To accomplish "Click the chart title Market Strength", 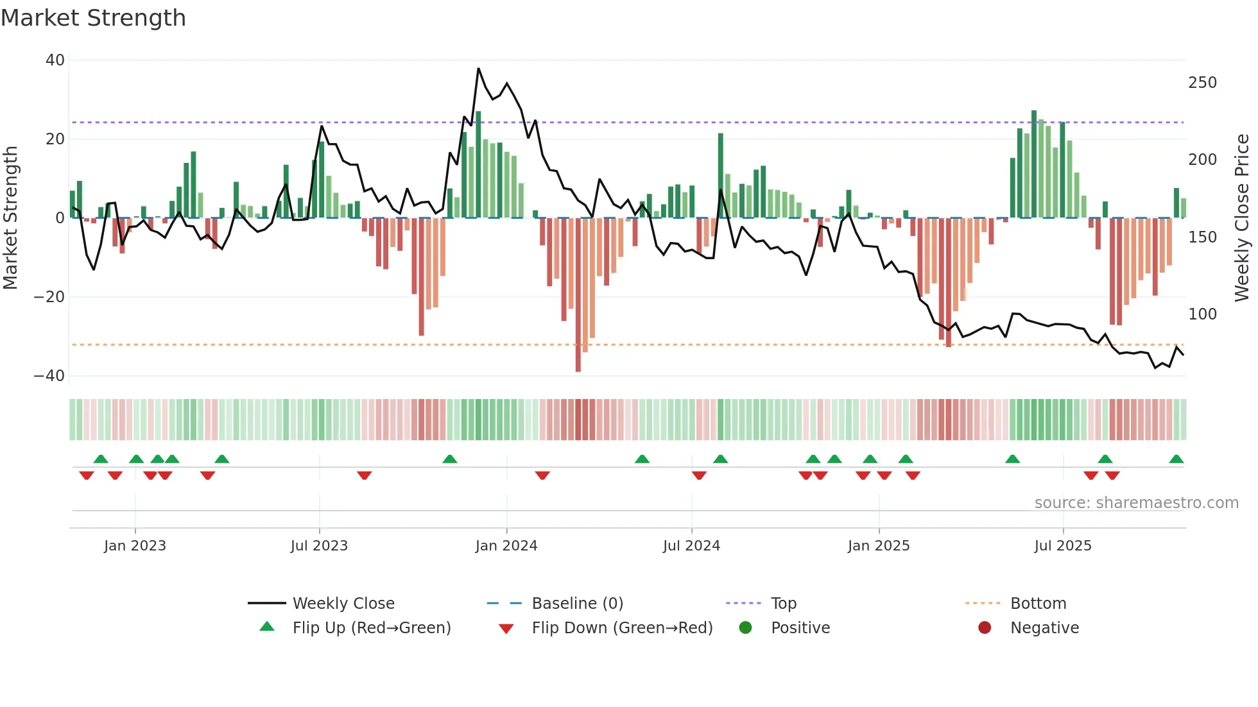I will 93,18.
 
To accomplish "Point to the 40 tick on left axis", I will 55,60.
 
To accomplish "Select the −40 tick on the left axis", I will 49,376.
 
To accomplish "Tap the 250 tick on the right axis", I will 1202,83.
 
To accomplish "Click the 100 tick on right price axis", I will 1202,314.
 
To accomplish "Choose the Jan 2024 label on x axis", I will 506,546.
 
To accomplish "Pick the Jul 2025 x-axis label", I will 1062,546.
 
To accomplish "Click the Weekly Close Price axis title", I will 1242,218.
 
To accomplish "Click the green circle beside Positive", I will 745,628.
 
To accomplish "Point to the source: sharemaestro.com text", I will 1136,503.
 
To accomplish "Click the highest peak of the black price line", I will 478,69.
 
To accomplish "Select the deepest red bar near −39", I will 578,295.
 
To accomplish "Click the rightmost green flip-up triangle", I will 1176,459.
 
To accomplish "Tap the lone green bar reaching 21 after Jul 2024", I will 720,175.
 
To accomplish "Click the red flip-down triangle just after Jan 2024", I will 542,475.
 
